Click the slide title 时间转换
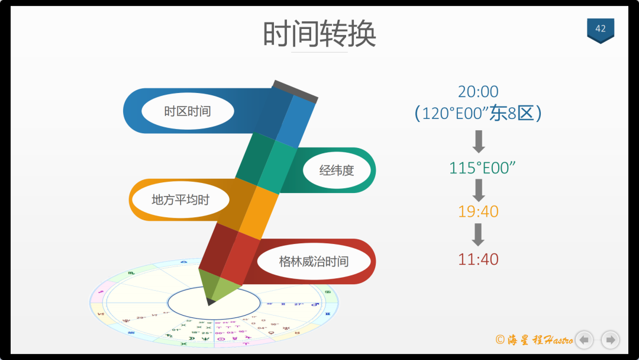coord(319,34)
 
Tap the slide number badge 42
coord(600,29)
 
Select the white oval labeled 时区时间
coord(187,111)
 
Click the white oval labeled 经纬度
coord(337,171)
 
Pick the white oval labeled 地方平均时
coord(180,200)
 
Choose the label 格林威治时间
coord(314,261)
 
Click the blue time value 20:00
coord(478,92)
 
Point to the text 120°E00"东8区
coord(478,113)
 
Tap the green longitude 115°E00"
coord(483,168)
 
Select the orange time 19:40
coord(478,211)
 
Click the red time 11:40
coord(478,259)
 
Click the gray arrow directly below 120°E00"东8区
coord(479,142)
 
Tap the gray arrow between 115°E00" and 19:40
coord(479,190)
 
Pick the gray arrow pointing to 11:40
coord(479,234)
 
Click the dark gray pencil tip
coord(211,302)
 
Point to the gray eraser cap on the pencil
coord(295,91)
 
